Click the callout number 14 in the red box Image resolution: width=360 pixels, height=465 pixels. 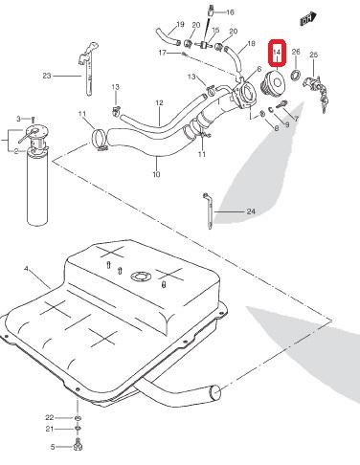click(x=277, y=52)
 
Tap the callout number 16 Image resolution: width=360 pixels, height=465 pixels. click(x=230, y=12)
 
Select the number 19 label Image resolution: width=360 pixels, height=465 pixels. click(x=180, y=24)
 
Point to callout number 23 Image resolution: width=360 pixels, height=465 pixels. click(x=47, y=76)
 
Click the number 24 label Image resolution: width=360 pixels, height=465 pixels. click(x=251, y=211)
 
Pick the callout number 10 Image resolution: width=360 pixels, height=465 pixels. click(x=156, y=174)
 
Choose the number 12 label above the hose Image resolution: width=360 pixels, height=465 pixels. click(x=159, y=102)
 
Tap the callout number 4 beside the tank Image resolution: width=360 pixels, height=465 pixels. click(x=26, y=269)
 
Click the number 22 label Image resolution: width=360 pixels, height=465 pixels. click(x=50, y=417)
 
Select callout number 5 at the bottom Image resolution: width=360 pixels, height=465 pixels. click(x=53, y=447)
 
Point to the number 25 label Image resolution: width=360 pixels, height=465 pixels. click(x=314, y=55)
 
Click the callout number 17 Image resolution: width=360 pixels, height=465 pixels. click(x=163, y=53)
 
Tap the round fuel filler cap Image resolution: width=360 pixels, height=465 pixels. click(x=273, y=83)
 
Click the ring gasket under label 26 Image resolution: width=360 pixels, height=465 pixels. click(x=295, y=76)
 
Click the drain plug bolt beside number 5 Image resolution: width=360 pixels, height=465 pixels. click(x=78, y=444)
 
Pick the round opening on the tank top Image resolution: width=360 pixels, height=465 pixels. click(x=141, y=277)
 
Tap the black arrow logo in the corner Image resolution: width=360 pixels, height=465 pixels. click(x=308, y=19)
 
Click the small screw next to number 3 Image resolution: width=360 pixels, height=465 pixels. click(x=33, y=120)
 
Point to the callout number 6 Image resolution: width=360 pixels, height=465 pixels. click(x=259, y=69)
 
